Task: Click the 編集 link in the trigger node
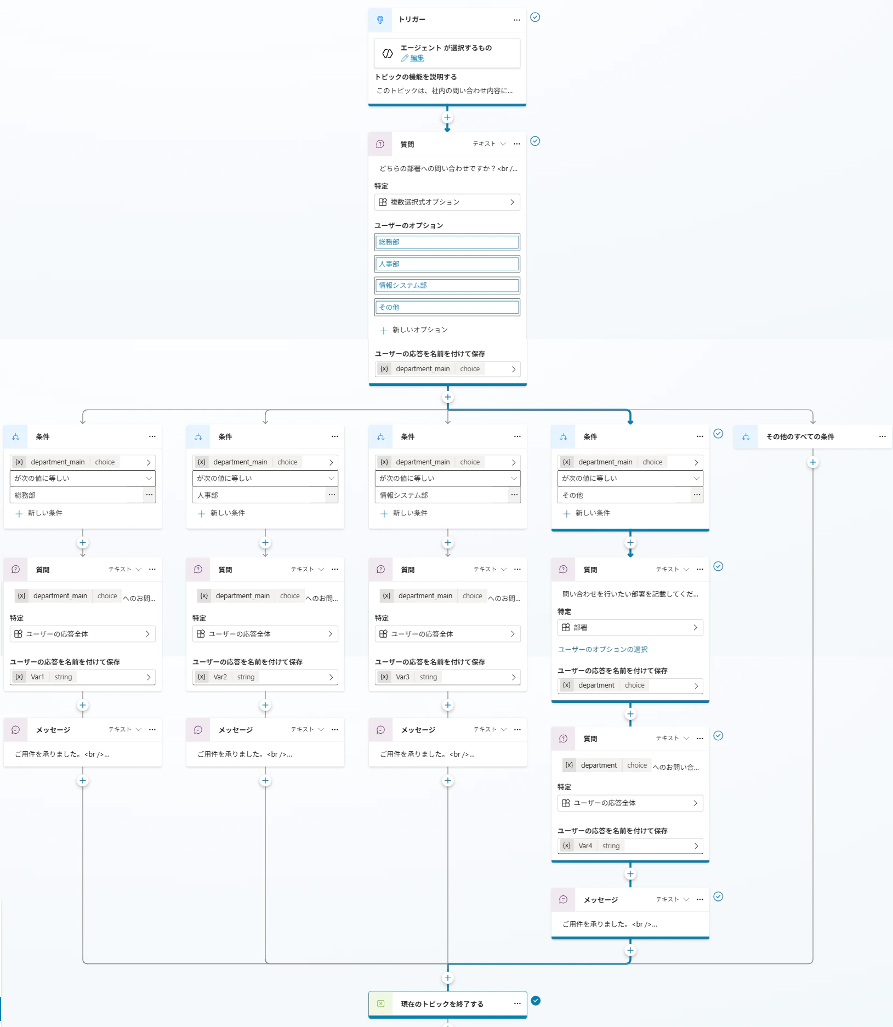pos(417,58)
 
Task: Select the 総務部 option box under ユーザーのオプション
pos(447,242)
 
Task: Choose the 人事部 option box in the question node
pos(447,264)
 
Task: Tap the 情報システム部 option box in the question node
pos(447,285)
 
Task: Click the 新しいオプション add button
pos(414,330)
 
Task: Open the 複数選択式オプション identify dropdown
pos(447,202)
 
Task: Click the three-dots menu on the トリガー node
pos(517,20)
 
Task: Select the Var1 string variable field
pos(83,677)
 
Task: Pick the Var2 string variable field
pos(265,677)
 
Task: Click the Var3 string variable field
pos(448,677)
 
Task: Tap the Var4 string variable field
pos(630,846)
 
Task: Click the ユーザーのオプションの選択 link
pos(602,649)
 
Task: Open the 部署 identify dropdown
pos(630,627)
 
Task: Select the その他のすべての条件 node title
pos(800,437)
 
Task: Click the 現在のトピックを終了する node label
pos(442,1004)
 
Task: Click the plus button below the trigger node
pos(447,117)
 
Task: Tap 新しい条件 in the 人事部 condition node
pos(221,513)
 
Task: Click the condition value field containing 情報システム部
pos(442,495)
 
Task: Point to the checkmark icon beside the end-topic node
pos(536,1001)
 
